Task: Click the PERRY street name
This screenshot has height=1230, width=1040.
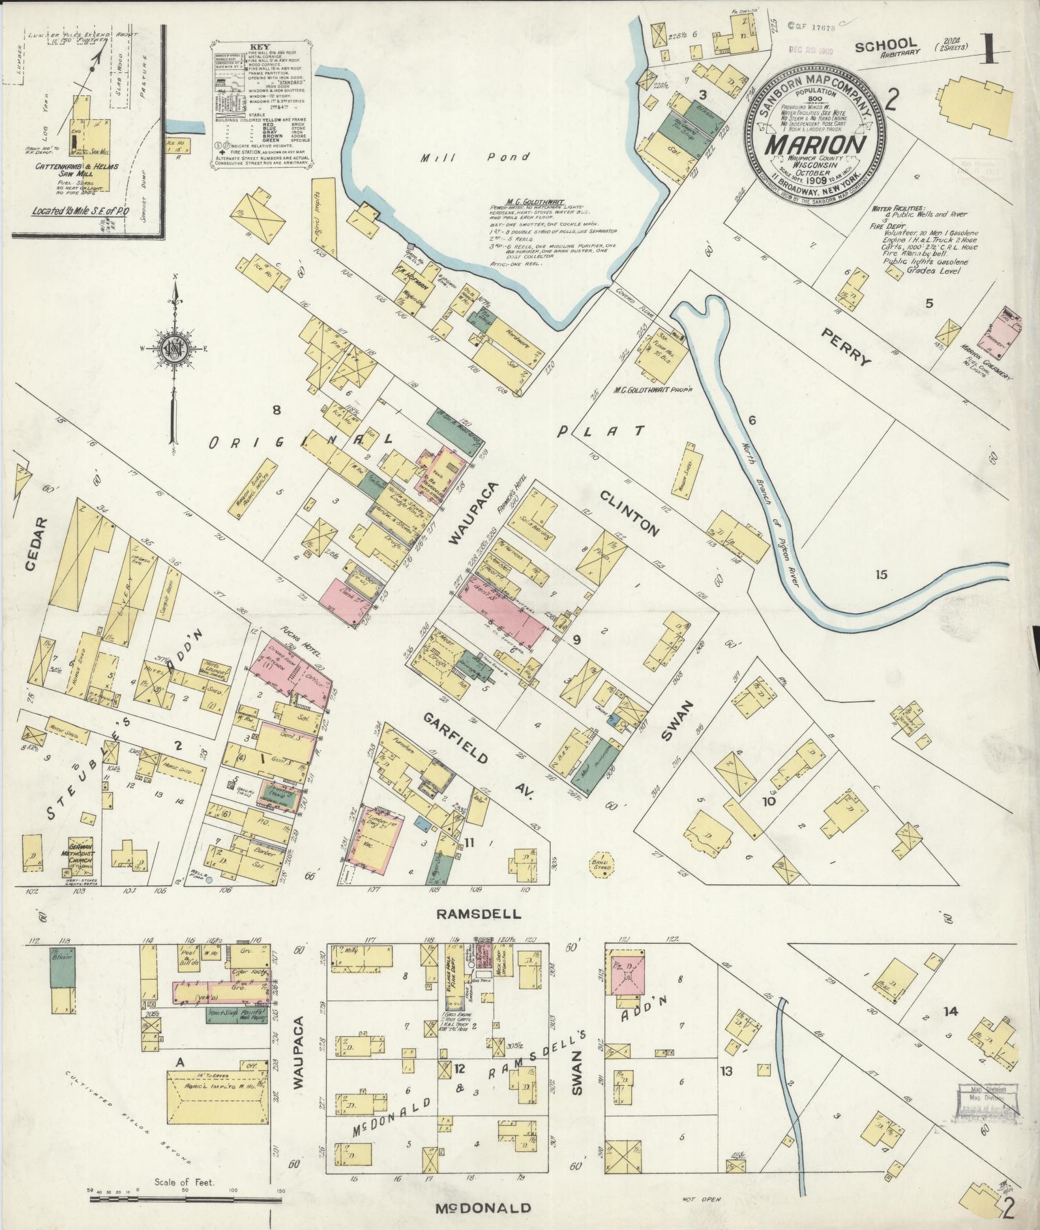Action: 846,346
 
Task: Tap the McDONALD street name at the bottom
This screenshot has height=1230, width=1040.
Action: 483,1208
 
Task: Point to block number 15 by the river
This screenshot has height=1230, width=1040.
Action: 882,575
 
